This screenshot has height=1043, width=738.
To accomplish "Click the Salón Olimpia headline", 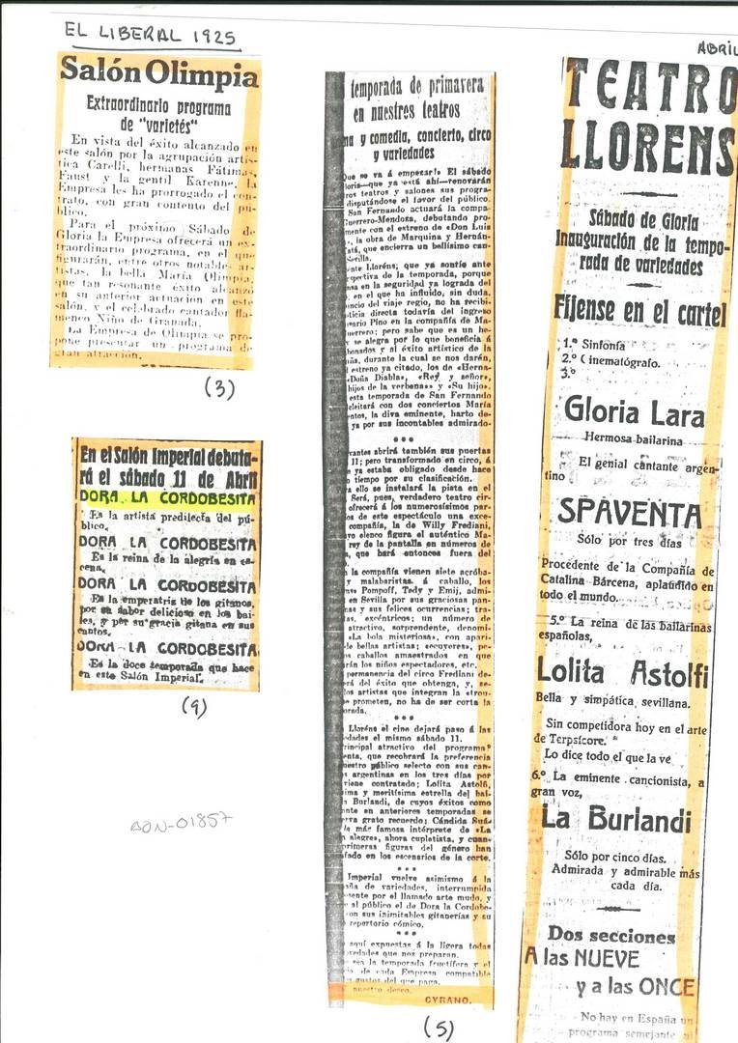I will pyautogui.click(x=159, y=71).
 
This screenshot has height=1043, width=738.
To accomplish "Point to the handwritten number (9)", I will pyautogui.click(x=194, y=707).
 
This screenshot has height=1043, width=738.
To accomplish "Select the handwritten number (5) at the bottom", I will pyautogui.click(x=438, y=1028).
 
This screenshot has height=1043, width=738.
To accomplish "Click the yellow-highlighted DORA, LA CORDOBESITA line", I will pyautogui.click(x=168, y=499).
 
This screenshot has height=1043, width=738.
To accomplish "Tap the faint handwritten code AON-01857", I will pyautogui.click(x=182, y=823).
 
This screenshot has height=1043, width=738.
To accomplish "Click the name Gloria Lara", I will pyautogui.click(x=634, y=410).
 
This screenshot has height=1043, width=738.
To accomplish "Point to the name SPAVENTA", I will pyautogui.click(x=629, y=513).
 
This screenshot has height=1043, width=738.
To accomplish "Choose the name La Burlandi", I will pyautogui.click(x=616, y=820).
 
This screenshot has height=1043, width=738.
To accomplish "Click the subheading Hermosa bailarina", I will pyautogui.click(x=633, y=437).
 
